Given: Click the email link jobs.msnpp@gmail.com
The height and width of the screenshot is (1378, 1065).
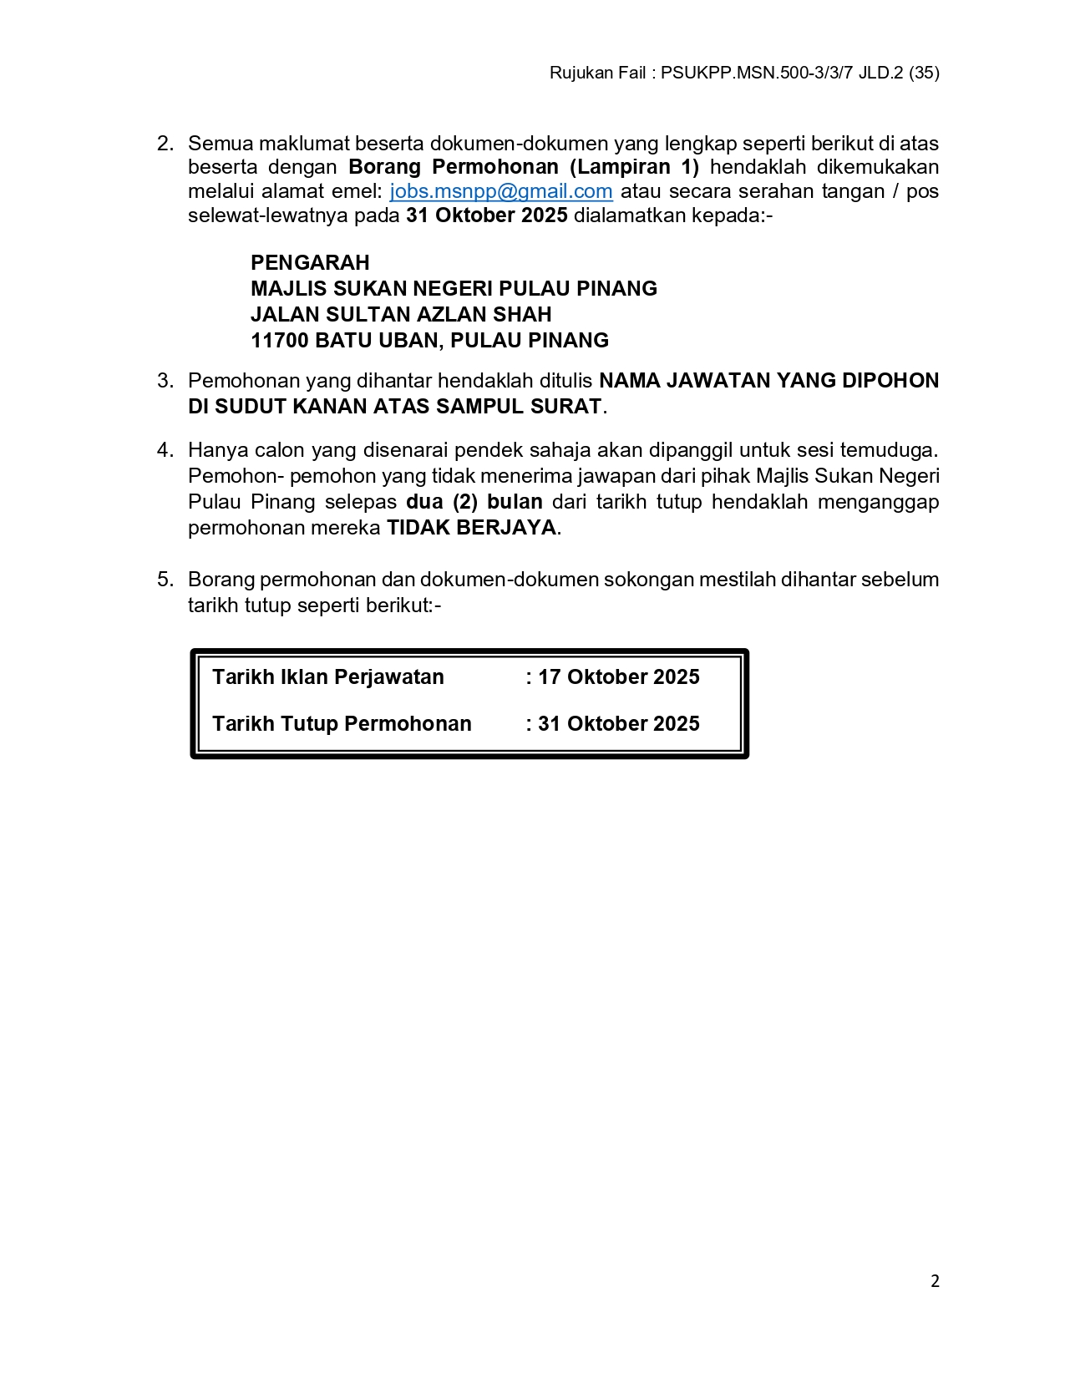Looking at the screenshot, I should pos(501,191).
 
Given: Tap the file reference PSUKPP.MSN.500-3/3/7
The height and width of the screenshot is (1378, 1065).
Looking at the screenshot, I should pos(757,73).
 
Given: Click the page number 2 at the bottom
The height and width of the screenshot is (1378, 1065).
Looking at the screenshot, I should pos(935,1281).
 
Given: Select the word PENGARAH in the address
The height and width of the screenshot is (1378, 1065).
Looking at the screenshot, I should pos(310,263).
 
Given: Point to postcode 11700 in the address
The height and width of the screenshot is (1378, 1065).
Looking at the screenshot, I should pos(279,341).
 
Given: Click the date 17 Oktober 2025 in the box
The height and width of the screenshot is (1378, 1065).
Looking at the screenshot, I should pos(618,677).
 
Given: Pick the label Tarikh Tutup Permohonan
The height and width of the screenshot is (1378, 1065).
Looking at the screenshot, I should pos(342,724).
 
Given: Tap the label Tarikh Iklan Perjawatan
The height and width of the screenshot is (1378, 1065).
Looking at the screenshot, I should pos(328,677).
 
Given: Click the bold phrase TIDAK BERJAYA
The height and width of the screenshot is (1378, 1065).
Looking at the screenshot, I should pos(471,528).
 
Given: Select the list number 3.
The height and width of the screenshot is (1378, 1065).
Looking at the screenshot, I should pos(165,381).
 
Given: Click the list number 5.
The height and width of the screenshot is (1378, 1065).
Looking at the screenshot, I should pos(165,580).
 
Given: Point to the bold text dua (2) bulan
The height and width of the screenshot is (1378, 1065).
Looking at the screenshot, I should pos(474,502).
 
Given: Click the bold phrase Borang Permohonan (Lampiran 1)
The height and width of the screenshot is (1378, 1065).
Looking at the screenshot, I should pos(524,167).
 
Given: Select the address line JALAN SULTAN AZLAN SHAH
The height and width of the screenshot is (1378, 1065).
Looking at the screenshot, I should pos(401,315).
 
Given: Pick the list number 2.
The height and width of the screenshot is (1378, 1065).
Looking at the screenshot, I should pos(165,144).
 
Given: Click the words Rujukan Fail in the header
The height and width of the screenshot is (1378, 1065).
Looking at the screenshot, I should pos(597,73).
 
